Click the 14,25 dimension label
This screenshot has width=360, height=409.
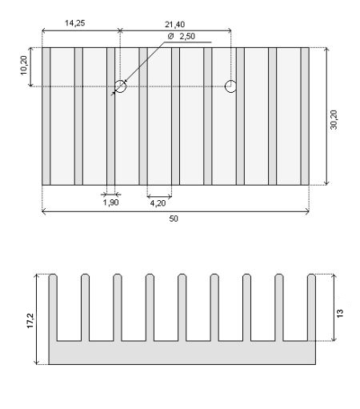pyautogui.click(x=75, y=23)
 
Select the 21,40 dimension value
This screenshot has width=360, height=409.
pyautogui.click(x=174, y=25)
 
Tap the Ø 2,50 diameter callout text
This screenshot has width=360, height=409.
pyautogui.click(x=182, y=36)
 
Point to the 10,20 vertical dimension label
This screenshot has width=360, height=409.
pyautogui.click(x=24, y=66)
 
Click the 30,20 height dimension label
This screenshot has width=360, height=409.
pyautogui.click(x=334, y=120)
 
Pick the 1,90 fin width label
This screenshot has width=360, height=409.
pyautogui.click(x=110, y=202)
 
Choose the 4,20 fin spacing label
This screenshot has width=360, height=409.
pyautogui.click(x=158, y=203)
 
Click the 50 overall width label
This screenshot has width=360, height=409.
pyautogui.click(x=174, y=219)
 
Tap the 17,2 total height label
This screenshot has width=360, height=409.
pyautogui.click(x=30, y=320)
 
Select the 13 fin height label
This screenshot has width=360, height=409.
pyautogui.click(x=340, y=313)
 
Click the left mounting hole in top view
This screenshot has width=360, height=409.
pyautogui.click(x=120, y=86)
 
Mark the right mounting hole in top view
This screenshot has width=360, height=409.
pyautogui.click(x=230, y=86)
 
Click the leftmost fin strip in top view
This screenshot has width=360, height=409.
pyautogui.click(x=46, y=116)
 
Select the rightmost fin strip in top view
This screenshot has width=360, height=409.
pyautogui.click(x=305, y=116)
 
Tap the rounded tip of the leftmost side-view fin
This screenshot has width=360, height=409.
pyautogui.click(x=53, y=276)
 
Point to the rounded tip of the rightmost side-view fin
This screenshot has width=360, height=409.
pyautogui.click(x=311, y=276)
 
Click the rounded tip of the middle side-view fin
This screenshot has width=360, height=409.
pyautogui.click(x=182, y=276)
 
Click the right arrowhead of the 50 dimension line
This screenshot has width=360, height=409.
pyautogui.click(x=307, y=212)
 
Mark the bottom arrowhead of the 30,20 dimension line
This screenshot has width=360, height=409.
pyautogui.click(x=326, y=182)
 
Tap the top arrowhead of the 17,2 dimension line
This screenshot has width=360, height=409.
pyautogui.click(x=38, y=276)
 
